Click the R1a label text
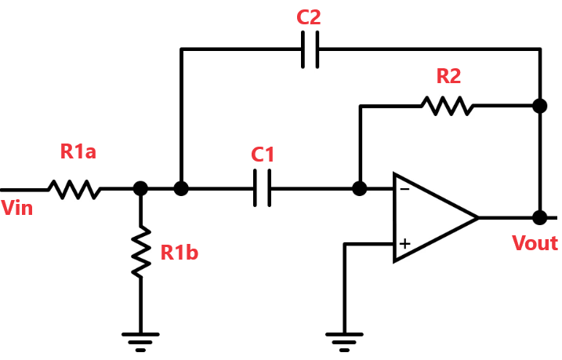click(78, 151)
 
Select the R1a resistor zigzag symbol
click(74, 189)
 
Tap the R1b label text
click(179, 253)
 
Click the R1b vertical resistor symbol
click(140, 251)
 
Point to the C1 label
click(263, 155)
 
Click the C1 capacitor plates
click(262, 188)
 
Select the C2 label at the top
click(309, 17)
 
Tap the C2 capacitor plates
click(310, 49)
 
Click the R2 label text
click(448, 76)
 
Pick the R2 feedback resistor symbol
click(447, 106)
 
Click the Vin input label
click(16, 208)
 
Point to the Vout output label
click(535, 243)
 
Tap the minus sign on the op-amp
click(404, 189)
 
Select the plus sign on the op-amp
click(404, 244)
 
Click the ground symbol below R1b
click(140, 342)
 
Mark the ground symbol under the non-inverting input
click(344, 342)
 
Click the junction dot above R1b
click(140, 188)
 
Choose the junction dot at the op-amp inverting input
click(360, 188)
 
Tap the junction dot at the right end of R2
click(540, 106)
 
